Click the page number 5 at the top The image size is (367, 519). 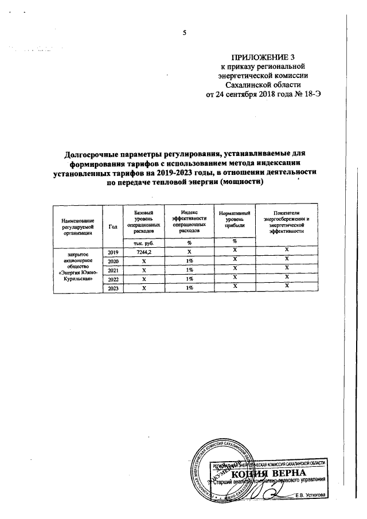(x=185, y=33)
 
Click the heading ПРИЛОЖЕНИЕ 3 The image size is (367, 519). (x=263, y=57)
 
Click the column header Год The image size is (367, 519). (x=112, y=226)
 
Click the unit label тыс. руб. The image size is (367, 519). (x=140, y=243)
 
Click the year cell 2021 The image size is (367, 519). (x=112, y=270)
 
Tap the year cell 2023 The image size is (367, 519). (x=112, y=288)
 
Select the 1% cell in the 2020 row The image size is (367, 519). (x=189, y=261)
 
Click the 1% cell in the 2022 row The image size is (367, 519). (x=189, y=279)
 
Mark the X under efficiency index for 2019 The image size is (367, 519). (x=189, y=252)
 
